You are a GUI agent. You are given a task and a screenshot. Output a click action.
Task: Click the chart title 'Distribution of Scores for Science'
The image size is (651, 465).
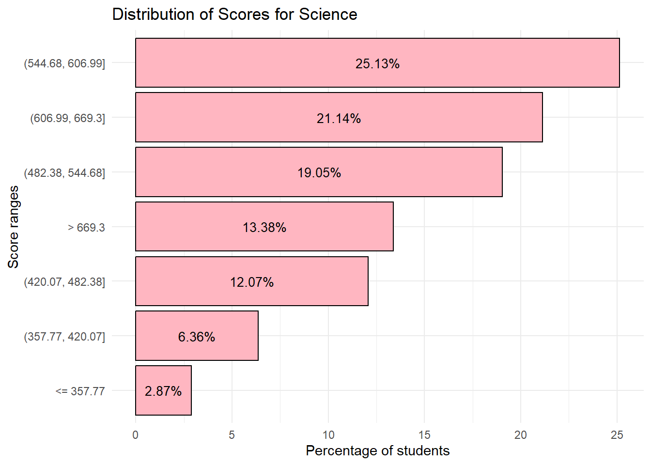click(x=234, y=15)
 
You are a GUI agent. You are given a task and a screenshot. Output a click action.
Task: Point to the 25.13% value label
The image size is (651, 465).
click(x=377, y=64)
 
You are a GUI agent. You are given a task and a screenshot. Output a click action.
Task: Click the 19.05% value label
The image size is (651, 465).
click(x=319, y=173)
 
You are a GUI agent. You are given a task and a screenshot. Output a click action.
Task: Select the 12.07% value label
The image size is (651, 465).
click(x=252, y=282)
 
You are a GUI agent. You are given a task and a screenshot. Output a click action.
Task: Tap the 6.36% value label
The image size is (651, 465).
click(x=197, y=337)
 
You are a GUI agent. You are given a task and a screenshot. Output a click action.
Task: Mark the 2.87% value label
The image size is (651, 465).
click(x=163, y=391)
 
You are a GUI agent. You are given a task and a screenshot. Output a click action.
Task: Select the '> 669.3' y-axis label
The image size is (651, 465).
click(x=86, y=228)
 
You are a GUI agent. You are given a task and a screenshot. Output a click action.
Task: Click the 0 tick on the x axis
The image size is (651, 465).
click(x=135, y=435)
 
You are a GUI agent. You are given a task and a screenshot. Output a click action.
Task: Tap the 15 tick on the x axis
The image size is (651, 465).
click(x=424, y=435)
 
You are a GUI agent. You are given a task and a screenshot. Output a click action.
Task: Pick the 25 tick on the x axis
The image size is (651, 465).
click(x=617, y=435)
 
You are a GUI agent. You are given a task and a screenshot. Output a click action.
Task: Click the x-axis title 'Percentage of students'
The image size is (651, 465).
click(x=377, y=451)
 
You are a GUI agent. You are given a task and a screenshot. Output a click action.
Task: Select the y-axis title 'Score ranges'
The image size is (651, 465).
click(x=14, y=227)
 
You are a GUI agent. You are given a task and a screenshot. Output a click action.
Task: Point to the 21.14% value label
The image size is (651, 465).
click(x=339, y=119)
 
